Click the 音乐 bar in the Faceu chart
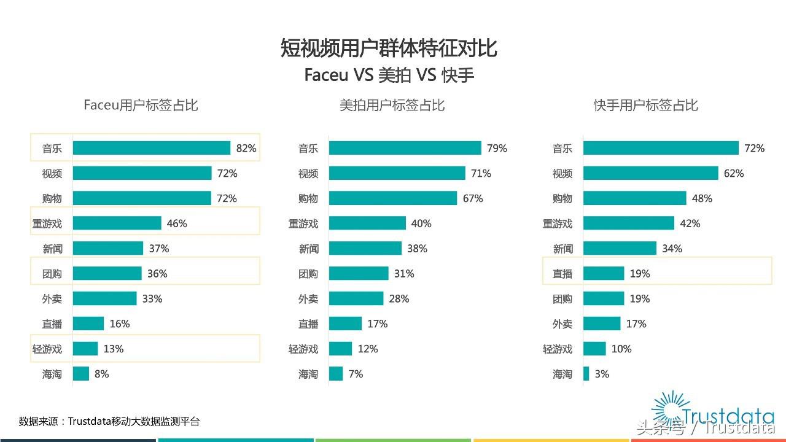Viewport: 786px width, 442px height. (x=151, y=148)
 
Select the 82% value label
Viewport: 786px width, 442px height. (x=246, y=148)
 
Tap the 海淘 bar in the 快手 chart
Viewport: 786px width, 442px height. (x=586, y=373)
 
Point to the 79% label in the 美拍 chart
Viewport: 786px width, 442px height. (x=497, y=148)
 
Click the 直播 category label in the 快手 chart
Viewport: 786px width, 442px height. (x=562, y=274)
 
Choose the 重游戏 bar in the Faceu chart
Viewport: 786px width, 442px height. (x=117, y=223)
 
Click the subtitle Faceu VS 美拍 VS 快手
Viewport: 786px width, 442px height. (x=389, y=75)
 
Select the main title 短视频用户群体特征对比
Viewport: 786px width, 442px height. (x=389, y=48)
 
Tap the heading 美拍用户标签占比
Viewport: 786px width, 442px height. (x=392, y=106)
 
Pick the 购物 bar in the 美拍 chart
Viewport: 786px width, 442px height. (x=393, y=198)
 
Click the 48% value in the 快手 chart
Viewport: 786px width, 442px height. (x=702, y=198)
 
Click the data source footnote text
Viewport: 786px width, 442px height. (x=109, y=421)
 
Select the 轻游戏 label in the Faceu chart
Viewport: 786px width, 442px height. (x=47, y=349)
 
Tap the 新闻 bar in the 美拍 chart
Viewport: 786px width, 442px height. (x=365, y=249)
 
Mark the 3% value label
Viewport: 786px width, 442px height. (x=602, y=373)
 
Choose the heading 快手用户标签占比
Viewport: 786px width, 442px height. (x=645, y=106)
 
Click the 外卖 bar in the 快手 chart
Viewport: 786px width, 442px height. (x=602, y=324)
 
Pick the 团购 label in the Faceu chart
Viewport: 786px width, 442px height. (x=52, y=274)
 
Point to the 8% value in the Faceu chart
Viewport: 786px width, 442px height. (x=102, y=373)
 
